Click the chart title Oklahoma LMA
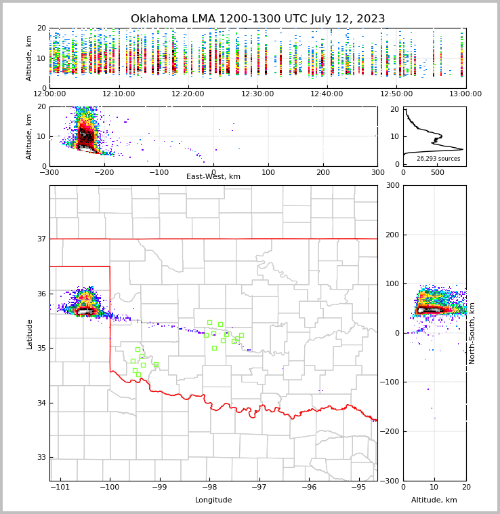(257, 19)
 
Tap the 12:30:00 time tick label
(257, 94)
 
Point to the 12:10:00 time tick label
(119, 94)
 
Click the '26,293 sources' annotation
(438, 159)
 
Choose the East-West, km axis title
(213, 177)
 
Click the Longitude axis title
(213, 500)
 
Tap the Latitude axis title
(29, 334)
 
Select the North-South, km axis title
(472, 334)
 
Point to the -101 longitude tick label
(60, 487)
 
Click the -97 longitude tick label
(259, 487)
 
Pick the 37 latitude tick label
(41, 239)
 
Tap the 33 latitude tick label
(41, 457)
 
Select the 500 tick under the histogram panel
(438, 172)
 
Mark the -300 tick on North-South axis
(392, 481)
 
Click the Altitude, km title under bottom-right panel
(434, 500)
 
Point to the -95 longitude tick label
(359, 487)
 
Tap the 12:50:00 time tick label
(396, 94)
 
